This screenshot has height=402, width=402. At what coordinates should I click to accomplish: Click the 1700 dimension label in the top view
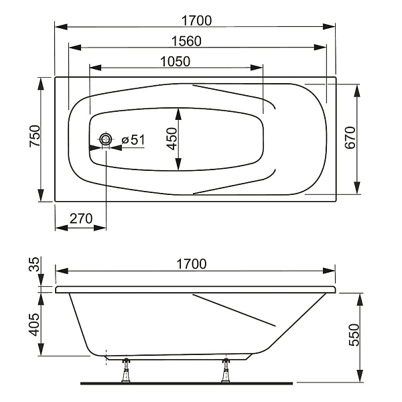196,21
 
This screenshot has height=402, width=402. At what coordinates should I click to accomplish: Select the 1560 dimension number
186,42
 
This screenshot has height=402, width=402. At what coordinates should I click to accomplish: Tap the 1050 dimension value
176,62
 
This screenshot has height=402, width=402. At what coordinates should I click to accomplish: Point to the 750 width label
35,136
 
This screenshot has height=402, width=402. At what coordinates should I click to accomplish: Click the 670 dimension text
350,137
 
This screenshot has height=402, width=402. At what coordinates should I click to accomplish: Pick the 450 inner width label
172,139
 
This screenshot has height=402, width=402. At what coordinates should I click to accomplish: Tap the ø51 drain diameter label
133,140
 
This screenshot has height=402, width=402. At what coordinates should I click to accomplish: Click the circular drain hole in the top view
105,139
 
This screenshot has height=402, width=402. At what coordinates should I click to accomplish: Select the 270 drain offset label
81,218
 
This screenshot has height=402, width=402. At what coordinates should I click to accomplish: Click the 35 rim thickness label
34,265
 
